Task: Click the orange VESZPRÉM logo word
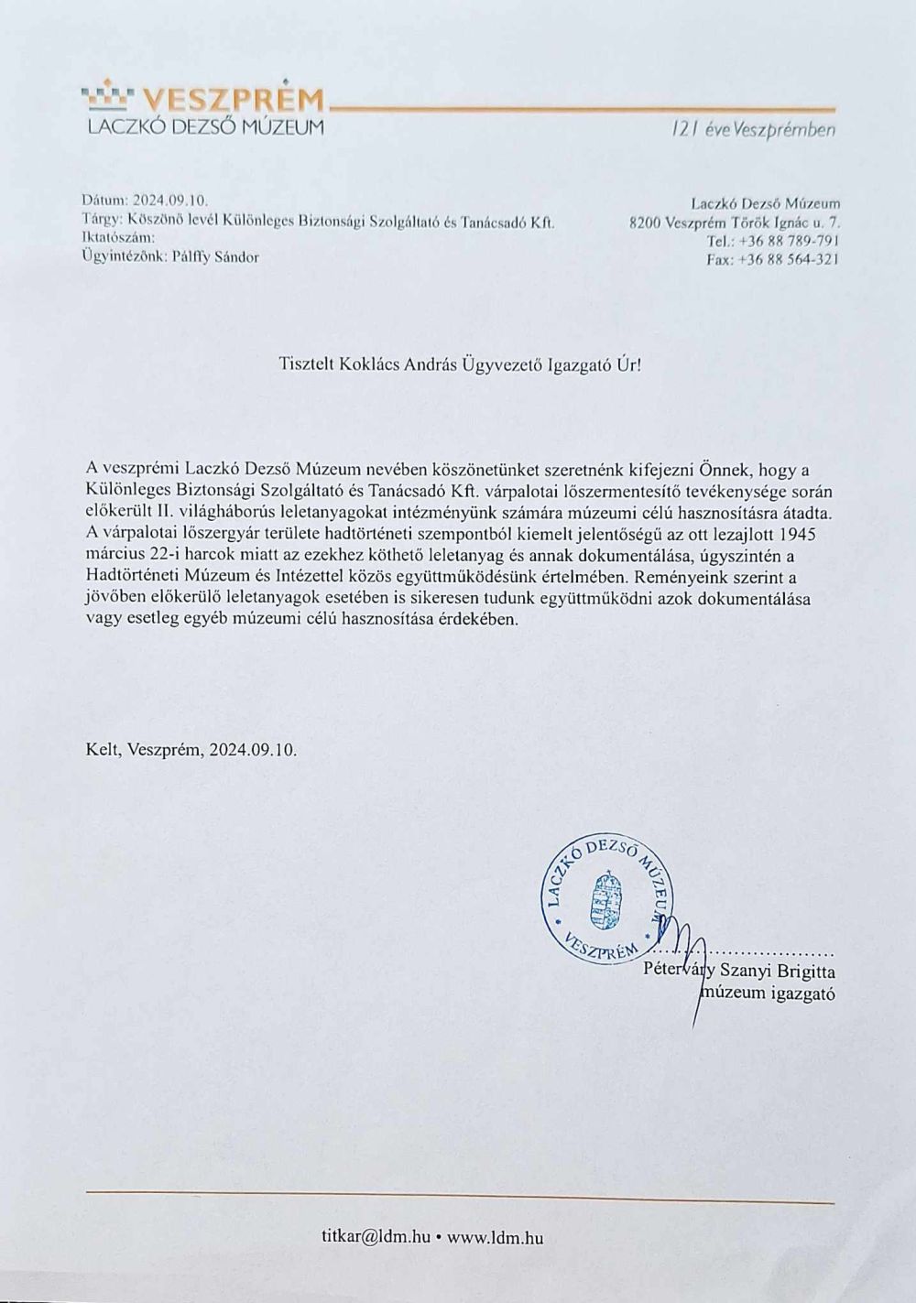[234, 98]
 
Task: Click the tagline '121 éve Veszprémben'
[753, 130]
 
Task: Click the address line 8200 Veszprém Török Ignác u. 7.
[735, 222]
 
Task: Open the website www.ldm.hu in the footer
[496, 1237]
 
